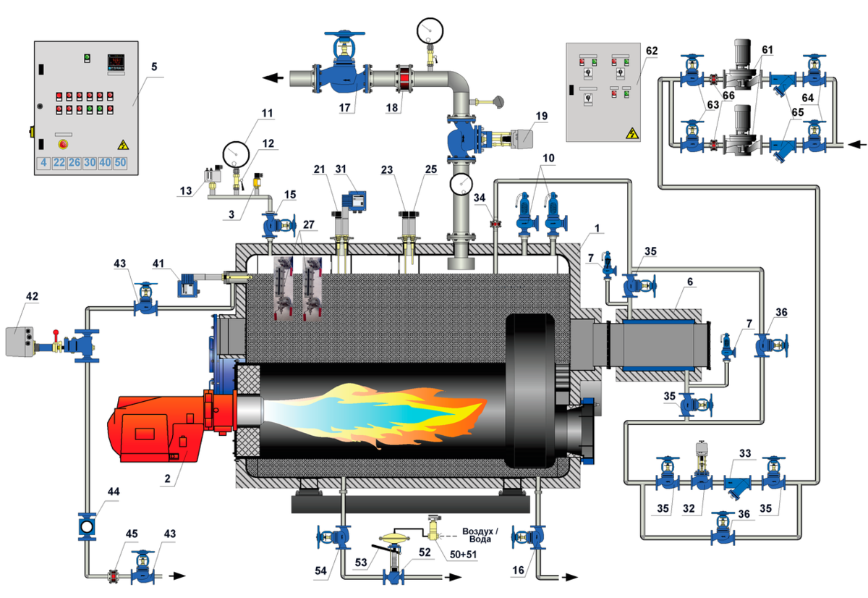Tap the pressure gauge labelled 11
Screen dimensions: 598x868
236,153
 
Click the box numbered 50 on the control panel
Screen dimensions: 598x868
120,163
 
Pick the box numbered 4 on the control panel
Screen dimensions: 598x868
44,163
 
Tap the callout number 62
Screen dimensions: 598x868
652,51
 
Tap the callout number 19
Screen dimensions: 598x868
542,117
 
